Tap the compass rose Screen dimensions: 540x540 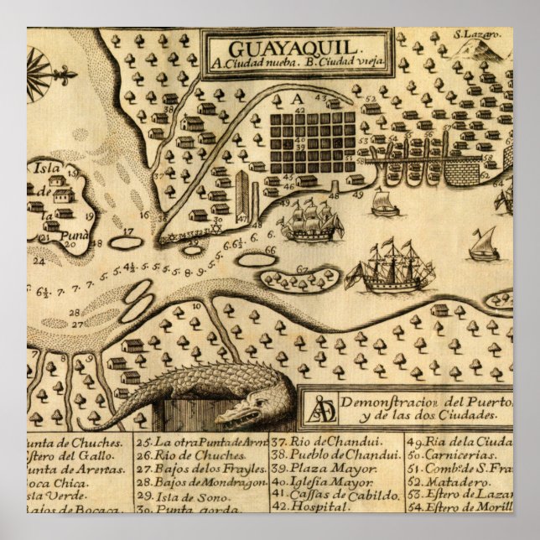pyautogui.click(x=39, y=66)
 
